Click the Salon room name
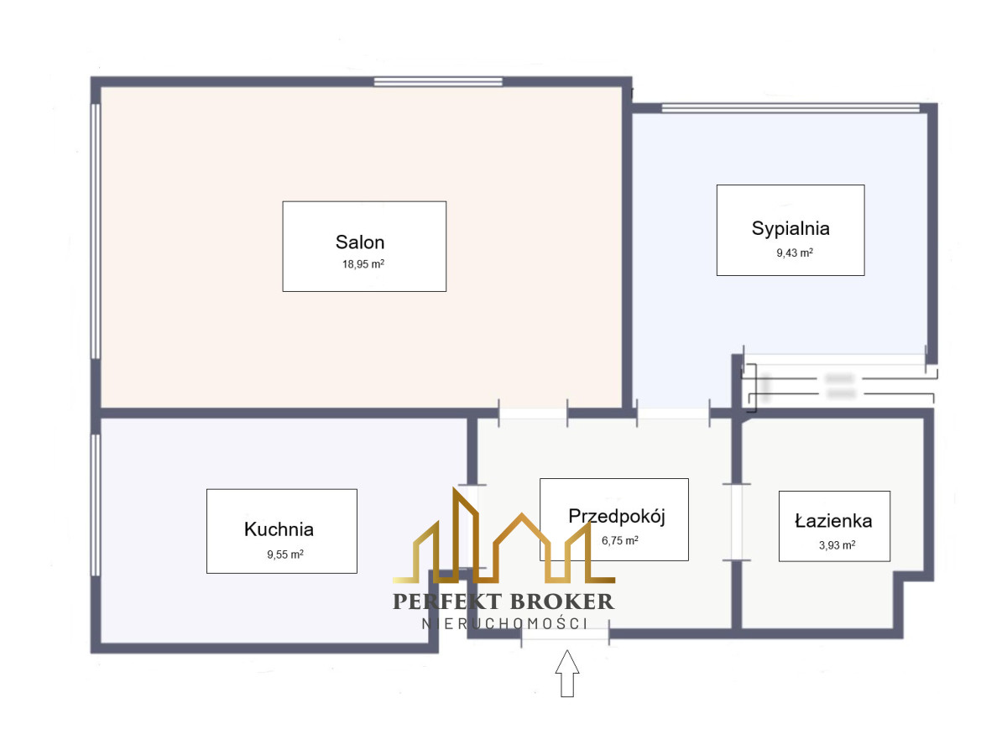[x=360, y=242]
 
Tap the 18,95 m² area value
[x=363, y=264]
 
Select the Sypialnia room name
[x=790, y=228]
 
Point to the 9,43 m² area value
[x=793, y=253]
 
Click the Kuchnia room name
[x=279, y=529]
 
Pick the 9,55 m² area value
[x=285, y=554]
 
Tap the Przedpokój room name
[x=617, y=516]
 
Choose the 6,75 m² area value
[x=620, y=540]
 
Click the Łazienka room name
[x=833, y=521]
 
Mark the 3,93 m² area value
[x=837, y=544]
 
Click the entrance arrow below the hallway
[x=568, y=673]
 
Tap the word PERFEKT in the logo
[x=446, y=601]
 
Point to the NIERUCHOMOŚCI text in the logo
[x=503, y=623]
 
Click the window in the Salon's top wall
[x=438, y=81]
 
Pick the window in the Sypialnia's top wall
[x=790, y=107]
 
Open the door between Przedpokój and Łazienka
[x=737, y=522]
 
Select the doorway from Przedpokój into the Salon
[x=533, y=413]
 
